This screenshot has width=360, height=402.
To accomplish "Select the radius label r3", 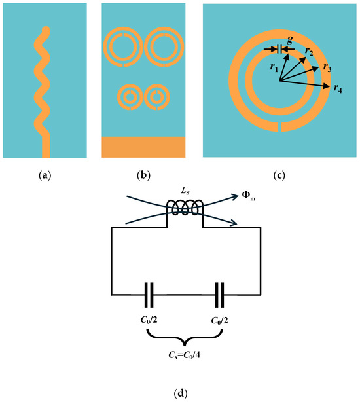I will [x=327, y=67].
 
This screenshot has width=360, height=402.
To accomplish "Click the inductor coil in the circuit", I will [x=186, y=208].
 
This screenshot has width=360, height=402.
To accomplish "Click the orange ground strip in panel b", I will [x=143, y=147].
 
